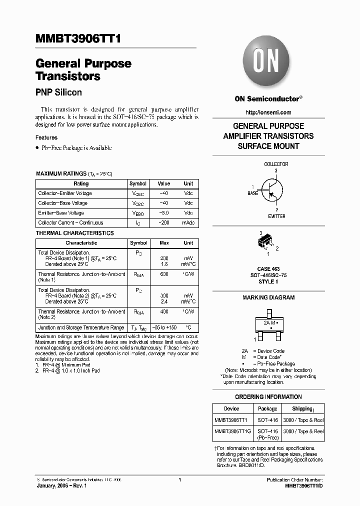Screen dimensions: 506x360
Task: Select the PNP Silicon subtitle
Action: [x=58, y=92]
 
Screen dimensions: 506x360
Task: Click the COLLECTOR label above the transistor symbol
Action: [x=276, y=164]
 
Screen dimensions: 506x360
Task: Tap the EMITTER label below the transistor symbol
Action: [x=276, y=216]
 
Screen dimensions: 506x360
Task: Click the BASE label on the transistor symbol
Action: [x=253, y=193]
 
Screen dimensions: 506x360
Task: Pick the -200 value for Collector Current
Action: [x=163, y=223]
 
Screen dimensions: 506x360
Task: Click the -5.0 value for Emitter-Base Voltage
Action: [x=163, y=213]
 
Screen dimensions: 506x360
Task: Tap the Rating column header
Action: [x=81, y=183]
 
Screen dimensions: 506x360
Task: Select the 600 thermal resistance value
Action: [x=163, y=274]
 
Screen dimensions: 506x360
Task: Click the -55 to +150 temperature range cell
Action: [x=163, y=328]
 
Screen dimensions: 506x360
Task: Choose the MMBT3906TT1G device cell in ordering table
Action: [x=231, y=431]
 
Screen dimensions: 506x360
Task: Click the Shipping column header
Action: [x=303, y=408]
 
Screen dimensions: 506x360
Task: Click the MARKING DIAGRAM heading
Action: [x=268, y=297]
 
